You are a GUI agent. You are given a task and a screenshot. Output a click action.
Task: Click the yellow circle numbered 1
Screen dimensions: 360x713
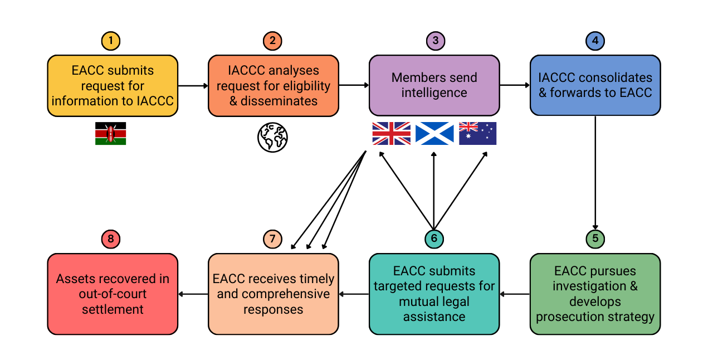111,41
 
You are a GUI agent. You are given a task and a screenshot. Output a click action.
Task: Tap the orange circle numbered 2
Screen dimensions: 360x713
272,41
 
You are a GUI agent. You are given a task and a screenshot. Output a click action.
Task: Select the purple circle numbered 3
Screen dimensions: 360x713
435,41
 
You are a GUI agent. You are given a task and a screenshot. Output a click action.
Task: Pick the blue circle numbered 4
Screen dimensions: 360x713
595,41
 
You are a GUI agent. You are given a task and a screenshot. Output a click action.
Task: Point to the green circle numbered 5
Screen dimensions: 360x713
595,239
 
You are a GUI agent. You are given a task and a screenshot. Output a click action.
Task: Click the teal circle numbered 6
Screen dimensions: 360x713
434,239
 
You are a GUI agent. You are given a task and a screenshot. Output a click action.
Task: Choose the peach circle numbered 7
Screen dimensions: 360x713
272,239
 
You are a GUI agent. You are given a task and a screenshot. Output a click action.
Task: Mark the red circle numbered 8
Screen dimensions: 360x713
111,239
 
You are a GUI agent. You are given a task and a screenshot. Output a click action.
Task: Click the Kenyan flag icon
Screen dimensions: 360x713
110,134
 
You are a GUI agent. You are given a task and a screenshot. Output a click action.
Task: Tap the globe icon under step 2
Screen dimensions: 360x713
272,137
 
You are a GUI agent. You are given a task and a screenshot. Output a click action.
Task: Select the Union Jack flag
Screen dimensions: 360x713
392,134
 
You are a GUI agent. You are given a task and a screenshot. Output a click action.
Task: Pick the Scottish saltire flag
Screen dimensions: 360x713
434,134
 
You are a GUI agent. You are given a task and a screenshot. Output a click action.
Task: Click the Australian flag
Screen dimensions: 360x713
477,134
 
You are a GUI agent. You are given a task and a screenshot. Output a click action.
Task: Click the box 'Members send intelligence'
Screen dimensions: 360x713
434,85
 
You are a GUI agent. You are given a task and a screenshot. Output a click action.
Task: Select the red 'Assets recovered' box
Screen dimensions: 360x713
113,294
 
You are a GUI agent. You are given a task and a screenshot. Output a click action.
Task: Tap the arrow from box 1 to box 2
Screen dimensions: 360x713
193,86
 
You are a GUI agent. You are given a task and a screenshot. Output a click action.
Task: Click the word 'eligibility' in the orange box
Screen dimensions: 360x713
306,86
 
